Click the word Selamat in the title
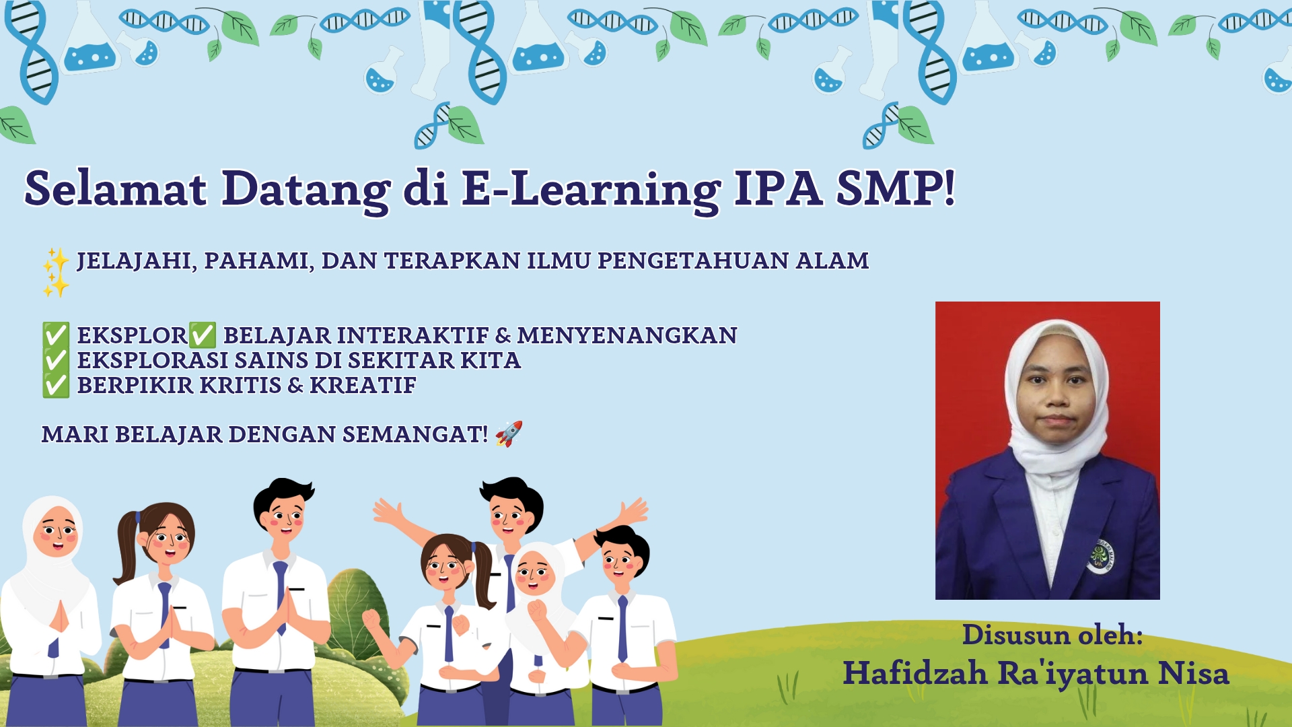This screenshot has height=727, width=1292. (x=115, y=188)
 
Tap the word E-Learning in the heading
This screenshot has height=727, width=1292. (x=591, y=191)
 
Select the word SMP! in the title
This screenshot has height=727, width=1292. (x=896, y=188)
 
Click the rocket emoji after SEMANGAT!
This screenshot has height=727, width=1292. (x=509, y=434)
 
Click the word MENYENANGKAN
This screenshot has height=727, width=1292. (x=627, y=335)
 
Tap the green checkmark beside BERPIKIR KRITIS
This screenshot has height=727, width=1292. (x=56, y=385)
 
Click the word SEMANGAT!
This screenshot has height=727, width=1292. (x=415, y=434)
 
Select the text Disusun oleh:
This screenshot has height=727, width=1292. (x=1052, y=635)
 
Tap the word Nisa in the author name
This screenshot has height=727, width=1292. (x=1193, y=673)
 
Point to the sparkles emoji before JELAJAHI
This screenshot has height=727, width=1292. (x=56, y=273)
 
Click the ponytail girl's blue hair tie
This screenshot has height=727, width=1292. (x=138, y=518)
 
